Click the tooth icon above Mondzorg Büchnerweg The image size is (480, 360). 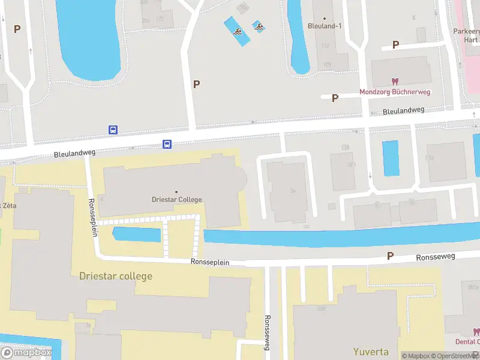(x=395, y=81)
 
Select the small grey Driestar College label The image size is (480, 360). (x=176, y=199)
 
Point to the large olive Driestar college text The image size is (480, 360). (x=116, y=276)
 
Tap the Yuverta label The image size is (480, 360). (x=370, y=352)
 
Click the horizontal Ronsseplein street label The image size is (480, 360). (x=210, y=262)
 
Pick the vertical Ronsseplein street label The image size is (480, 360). (x=93, y=217)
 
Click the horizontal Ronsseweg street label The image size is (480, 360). (x=436, y=257)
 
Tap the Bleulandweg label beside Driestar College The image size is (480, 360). (x=75, y=154)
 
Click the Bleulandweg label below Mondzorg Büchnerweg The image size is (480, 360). (x=403, y=111)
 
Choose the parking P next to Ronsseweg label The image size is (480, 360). (x=390, y=256)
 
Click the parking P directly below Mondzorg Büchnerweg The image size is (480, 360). (x=335, y=98)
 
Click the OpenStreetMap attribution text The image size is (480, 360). (x=454, y=356)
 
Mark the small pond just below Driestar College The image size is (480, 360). (x=137, y=235)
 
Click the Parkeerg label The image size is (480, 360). (x=466, y=31)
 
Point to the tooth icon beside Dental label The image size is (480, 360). (x=476, y=332)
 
